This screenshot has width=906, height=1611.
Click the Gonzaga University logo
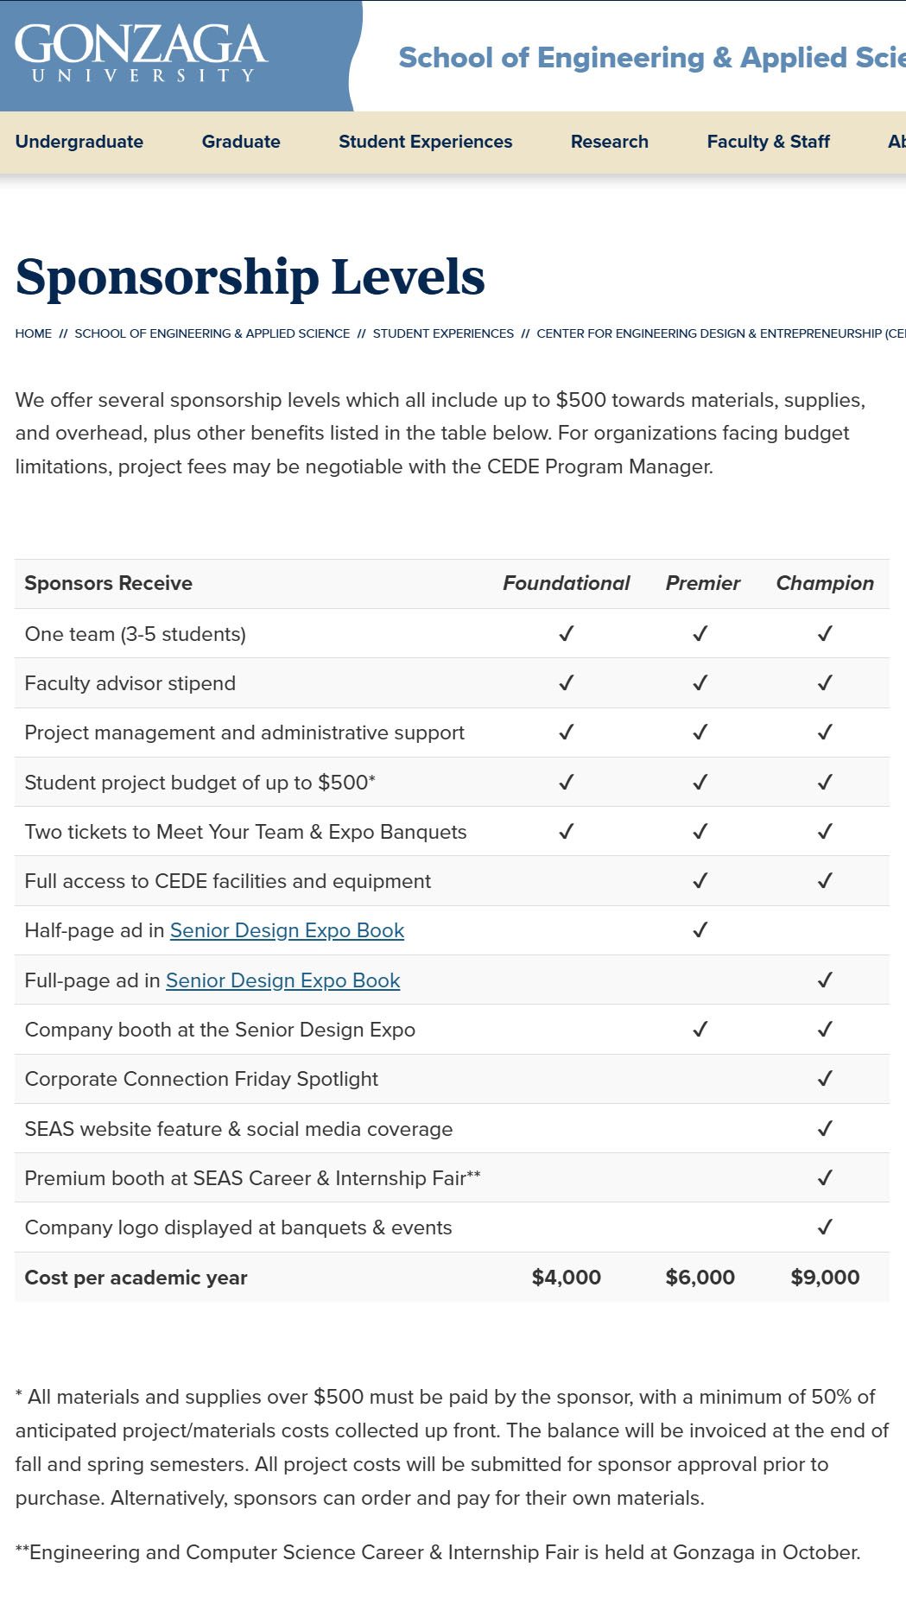tap(141, 53)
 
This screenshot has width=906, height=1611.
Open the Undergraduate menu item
tap(79, 142)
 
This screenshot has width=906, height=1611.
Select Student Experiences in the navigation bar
tap(425, 142)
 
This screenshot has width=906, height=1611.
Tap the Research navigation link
tap(609, 142)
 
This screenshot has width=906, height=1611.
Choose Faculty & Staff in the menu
tap(768, 142)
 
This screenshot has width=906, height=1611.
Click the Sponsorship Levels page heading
tap(250, 277)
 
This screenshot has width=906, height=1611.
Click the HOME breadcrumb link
tap(34, 333)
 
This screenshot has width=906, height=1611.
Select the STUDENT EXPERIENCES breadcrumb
tap(443, 333)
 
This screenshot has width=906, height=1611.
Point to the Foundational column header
tap(566, 583)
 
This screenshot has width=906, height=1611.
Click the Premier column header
tap(702, 583)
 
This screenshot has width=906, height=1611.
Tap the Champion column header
tap(825, 583)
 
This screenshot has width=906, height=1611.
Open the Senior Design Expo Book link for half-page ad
tap(287, 930)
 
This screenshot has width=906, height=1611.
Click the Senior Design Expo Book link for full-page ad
tap(282, 980)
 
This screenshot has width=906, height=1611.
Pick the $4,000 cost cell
tap(566, 1278)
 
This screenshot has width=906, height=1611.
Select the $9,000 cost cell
tap(825, 1278)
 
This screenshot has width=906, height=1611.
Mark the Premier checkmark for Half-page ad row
tap(700, 930)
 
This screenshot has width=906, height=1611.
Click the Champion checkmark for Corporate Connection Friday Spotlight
tap(825, 1079)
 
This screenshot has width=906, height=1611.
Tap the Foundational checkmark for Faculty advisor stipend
tap(566, 683)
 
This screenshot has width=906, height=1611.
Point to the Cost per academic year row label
tap(136, 1278)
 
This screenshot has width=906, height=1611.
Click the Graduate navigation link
tap(241, 142)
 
